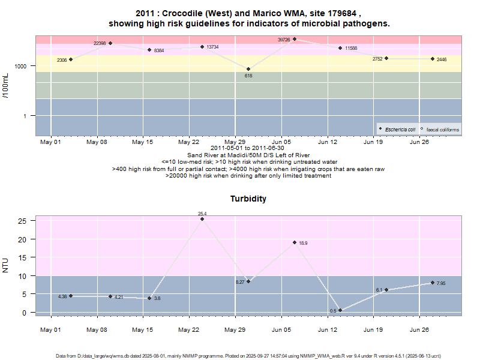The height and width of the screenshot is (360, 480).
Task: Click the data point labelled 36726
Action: click(295, 39)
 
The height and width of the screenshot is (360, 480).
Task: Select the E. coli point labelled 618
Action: click(248, 69)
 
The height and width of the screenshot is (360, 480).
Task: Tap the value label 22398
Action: click(100, 43)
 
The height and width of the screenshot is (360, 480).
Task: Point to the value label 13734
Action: click(212, 47)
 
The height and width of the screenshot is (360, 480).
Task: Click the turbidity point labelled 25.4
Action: click(202, 219)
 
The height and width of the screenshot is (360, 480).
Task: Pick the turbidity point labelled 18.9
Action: click(295, 242)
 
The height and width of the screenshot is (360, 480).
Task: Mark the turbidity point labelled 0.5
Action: click(340, 310)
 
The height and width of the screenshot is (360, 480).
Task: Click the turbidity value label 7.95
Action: click(441, 283)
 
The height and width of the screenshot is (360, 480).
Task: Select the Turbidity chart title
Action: click(248, 199)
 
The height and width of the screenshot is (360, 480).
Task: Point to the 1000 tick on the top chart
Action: click(22, 66)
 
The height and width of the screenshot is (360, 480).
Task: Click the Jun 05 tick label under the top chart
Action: click(281, 142)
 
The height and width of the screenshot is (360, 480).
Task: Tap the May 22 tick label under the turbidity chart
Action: click(188, 329)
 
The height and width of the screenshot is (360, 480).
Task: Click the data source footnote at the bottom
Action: click(248, 355)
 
